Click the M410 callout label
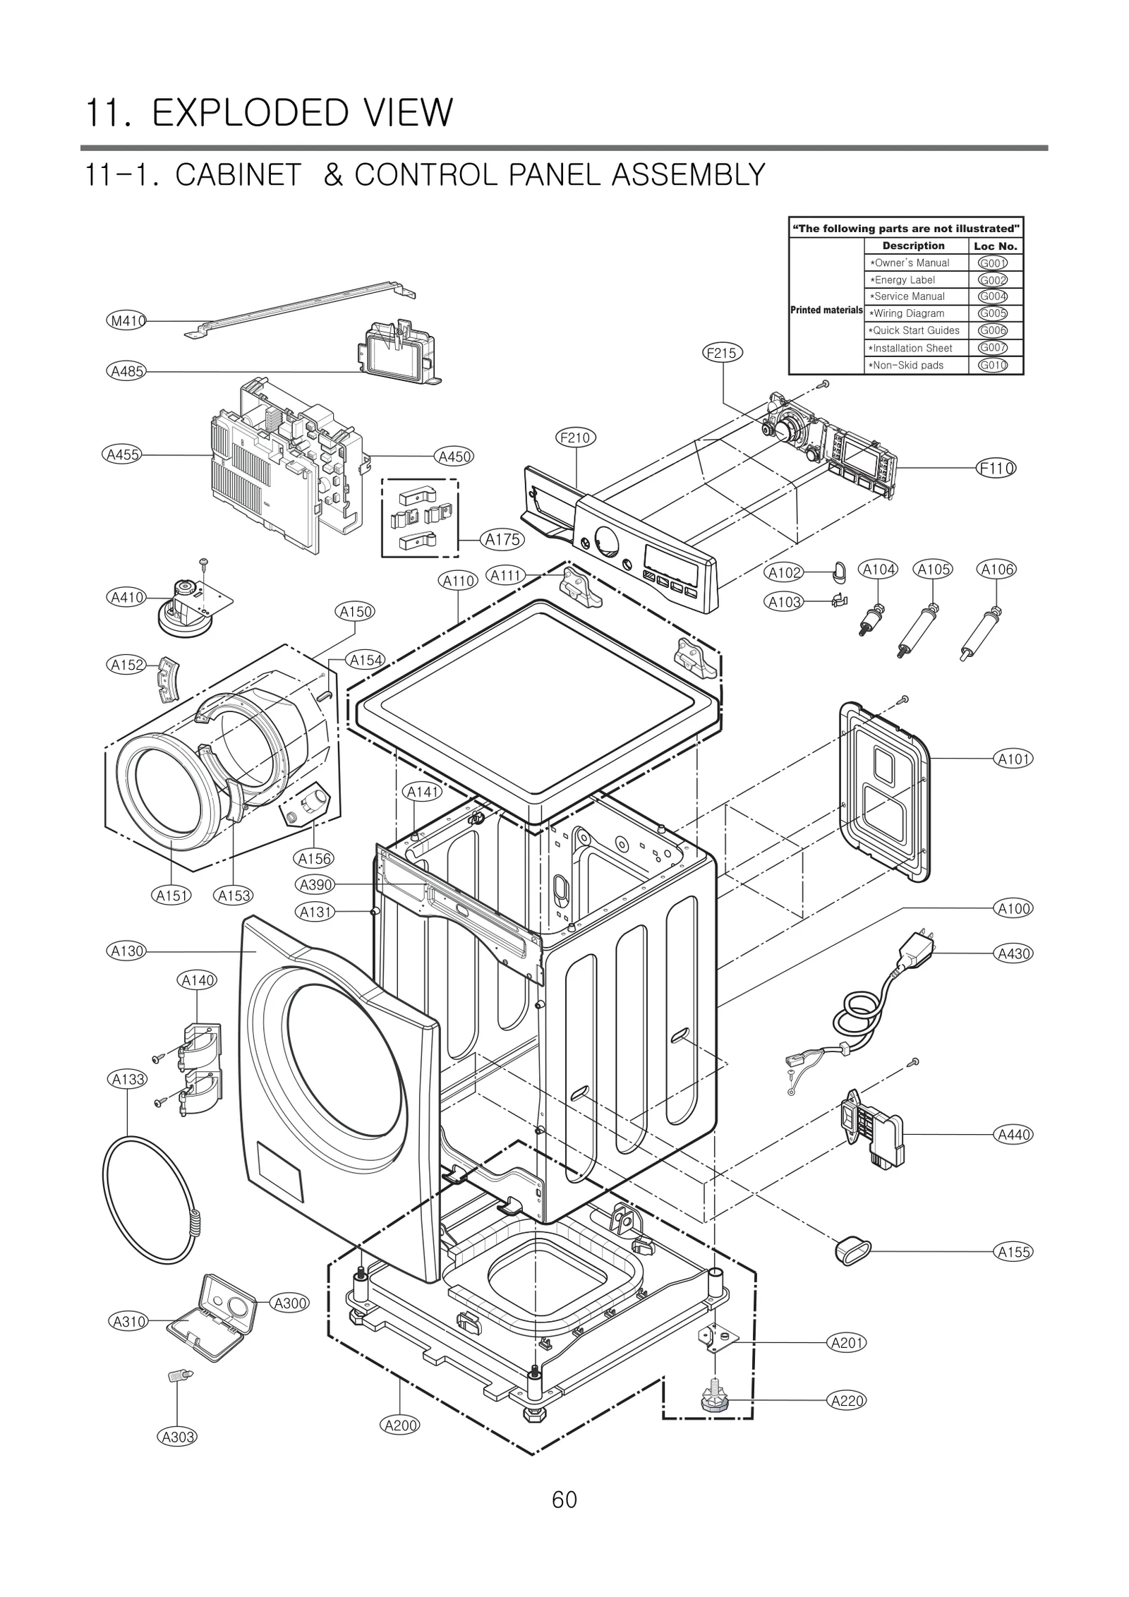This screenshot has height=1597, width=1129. pos(127,321)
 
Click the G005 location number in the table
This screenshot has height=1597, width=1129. pos(993,313)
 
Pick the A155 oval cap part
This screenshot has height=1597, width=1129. pos(850,1251)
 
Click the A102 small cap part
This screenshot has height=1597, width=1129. pos(838,572)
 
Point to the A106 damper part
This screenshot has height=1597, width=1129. pos(982,632)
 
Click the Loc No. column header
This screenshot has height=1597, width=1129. pos(996,246)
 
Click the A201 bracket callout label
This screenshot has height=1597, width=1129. pos(846,1343)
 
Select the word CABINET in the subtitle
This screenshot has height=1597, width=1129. pos(239,174)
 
